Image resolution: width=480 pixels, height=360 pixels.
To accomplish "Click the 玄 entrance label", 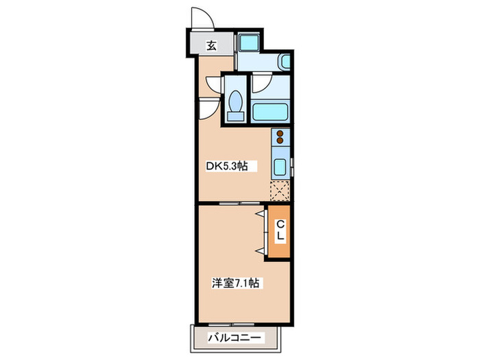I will point(212,47).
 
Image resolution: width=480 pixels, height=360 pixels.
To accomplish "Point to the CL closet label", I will point(280,230).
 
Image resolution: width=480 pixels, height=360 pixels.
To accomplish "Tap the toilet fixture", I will point(236,104).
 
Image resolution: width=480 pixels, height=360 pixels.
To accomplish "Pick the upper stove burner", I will point(280,134).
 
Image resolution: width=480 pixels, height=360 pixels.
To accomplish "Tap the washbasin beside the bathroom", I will point(285,62).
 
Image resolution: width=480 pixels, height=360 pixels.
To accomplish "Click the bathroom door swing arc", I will point(261,84).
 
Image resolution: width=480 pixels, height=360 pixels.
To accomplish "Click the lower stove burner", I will point(280,142).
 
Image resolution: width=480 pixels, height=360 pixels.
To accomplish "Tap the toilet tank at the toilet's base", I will point(235,116).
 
